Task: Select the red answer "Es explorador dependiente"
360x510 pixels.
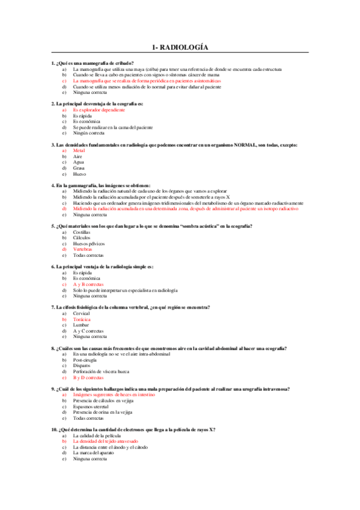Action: [99, 110]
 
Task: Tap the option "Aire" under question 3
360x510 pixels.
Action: [78, 156]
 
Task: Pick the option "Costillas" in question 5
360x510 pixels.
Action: [82, 232]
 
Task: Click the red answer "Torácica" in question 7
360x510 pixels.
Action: [82, 319]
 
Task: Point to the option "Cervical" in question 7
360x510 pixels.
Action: [81, 313]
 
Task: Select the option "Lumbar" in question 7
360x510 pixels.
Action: [81, 325]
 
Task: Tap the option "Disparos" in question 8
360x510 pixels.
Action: [82, 366]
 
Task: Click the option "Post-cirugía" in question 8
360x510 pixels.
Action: [85, 360]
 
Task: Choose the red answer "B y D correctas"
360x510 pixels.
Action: [88, 377]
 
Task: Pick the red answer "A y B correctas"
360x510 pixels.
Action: [88, 284]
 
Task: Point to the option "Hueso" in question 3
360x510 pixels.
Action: [79, 173]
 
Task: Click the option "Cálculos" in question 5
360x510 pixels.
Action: [81, 237]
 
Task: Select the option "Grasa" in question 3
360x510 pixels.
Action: [79, 167]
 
